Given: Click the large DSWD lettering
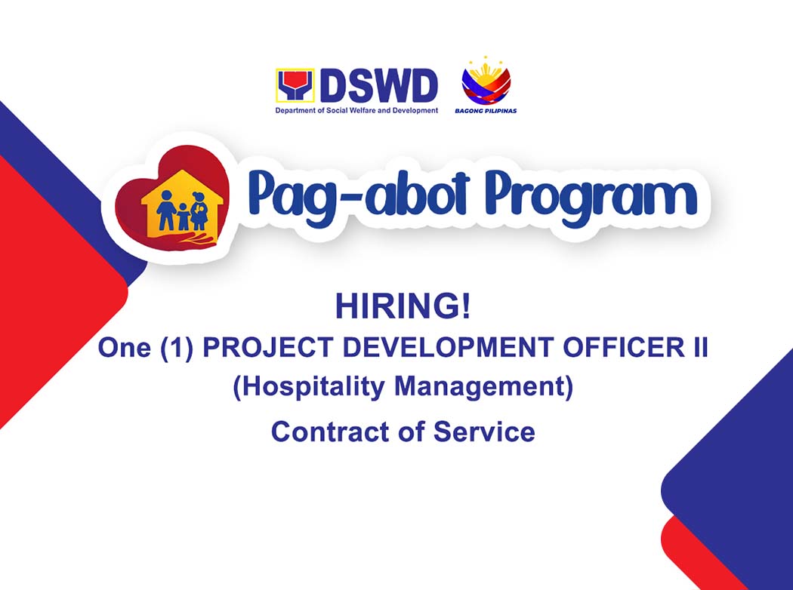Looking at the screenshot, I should tap(379, 86).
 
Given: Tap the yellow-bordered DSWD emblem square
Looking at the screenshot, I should tap(295, 86).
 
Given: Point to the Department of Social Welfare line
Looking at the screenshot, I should tap(356, 111).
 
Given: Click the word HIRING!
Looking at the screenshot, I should tap(403, 307).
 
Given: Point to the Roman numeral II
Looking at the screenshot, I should tap(696, 349).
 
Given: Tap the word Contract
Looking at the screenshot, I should tap(327, 432).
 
